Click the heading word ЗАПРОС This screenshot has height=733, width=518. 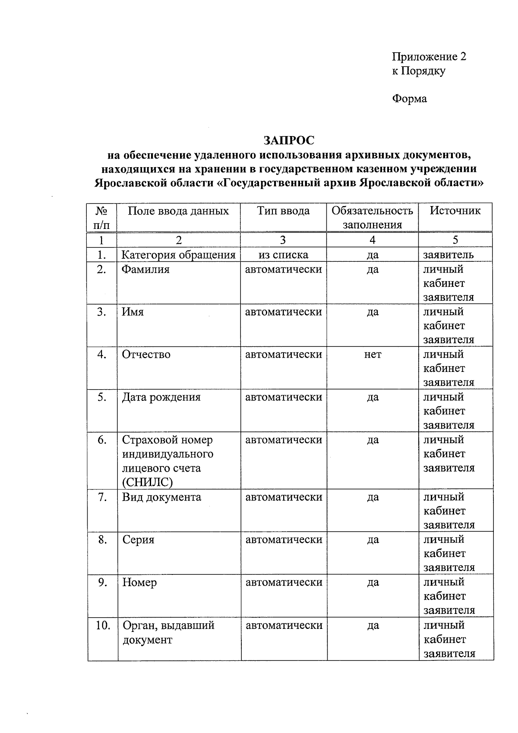(x=289, y=140)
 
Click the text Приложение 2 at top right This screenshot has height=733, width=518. (x=429, y=57)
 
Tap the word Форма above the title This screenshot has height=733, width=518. (x=409, y=99)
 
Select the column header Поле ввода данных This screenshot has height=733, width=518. (x=178, y=211)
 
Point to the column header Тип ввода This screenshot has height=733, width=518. (x=283, y=211)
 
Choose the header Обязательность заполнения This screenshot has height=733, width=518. (x=372, y=217)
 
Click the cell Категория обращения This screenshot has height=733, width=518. (x=178, y=255)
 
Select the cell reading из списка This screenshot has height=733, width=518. (x=283, y=255)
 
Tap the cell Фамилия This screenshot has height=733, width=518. (x=145, y=270)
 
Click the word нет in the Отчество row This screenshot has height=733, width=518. (x=373, y=355)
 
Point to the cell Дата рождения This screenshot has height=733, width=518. (x=161, y=397)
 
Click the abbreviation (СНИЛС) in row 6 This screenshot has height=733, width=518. (x=147, y=482)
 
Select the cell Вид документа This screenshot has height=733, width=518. (x=161, y=497)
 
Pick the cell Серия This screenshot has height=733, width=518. (x=138, y=540)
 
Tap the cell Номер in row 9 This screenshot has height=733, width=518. (x=139, y=583)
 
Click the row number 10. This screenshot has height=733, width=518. (x=103, y=625)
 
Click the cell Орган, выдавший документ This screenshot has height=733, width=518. (x=168, y=632)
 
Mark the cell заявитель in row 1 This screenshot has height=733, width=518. (x=448, y=255)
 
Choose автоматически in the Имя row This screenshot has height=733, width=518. (x=283, y=312)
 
